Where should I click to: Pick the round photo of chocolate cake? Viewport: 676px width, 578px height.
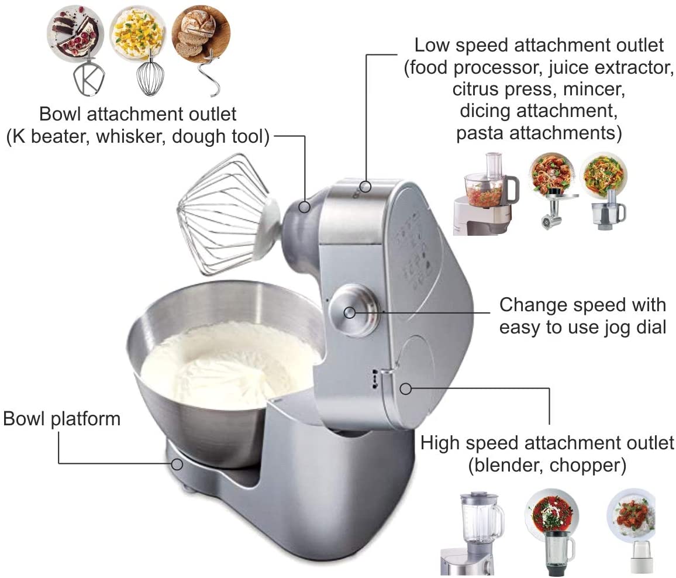pos(75,33)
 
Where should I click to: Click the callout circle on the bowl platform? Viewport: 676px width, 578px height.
pos(177,465)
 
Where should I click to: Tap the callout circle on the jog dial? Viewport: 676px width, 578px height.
pos(350,312)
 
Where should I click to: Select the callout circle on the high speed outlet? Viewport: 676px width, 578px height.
pos(405,388)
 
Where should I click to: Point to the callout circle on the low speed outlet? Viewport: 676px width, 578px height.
pos(366,187)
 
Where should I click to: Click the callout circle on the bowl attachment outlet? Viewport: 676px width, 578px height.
pos(304,207)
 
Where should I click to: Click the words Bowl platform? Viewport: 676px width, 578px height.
pos(61,419)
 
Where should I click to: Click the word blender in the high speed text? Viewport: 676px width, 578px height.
pos(508,465)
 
